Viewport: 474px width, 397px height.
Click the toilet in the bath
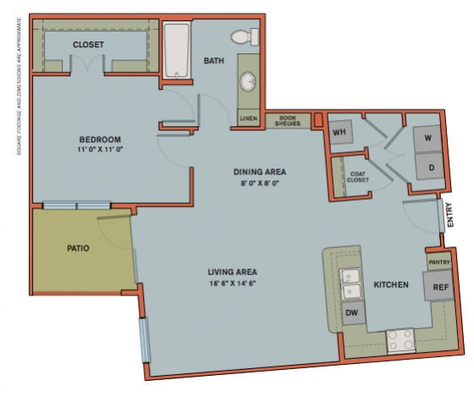(245, 36)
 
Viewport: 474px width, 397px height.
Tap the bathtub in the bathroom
(177, 51)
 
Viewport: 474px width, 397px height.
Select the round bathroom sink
(249, 82)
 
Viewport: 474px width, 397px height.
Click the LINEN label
(249, 119)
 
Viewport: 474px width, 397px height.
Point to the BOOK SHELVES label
(288, 121)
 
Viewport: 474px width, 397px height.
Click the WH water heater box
(340, 132)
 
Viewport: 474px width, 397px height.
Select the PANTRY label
(438, 262)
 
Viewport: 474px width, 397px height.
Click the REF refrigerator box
(439, 287)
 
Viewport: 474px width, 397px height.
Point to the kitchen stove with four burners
(400, 341)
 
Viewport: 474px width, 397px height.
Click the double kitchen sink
(351, 283)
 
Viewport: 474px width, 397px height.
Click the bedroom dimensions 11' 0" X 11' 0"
(100, 150)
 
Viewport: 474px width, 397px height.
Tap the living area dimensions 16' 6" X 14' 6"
(231, 283)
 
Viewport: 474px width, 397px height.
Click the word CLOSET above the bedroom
(88, 44)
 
